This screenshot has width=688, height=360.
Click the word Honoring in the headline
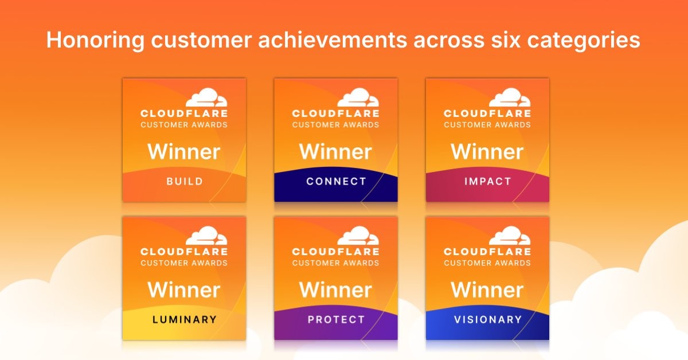[95, 41]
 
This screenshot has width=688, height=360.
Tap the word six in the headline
[506, 40]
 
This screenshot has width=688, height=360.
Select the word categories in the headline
[584, 41]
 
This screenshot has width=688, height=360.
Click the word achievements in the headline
[333, 40]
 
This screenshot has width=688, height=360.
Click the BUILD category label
[185, 181]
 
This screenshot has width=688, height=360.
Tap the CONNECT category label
[336, 181]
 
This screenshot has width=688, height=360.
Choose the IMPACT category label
[487, 181]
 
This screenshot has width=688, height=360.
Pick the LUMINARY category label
[185, 319]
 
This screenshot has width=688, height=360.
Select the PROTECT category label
[336, 319]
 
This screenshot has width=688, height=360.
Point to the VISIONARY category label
[488, 319]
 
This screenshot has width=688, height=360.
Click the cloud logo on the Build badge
[207, 97]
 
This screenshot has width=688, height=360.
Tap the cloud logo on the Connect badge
[358, 97]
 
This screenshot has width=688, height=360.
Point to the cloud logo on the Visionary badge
[510, 236]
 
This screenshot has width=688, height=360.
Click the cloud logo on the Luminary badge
[207, 236]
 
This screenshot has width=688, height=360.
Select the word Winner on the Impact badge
[487, 152]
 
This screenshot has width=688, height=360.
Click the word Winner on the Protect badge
[336, 290]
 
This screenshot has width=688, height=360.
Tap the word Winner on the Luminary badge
[184, 290]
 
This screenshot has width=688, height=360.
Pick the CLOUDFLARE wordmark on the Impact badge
[487, 114]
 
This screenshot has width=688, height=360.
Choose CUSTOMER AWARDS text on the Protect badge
[336, 263]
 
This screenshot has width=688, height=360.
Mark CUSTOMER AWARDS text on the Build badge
[184, 125]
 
